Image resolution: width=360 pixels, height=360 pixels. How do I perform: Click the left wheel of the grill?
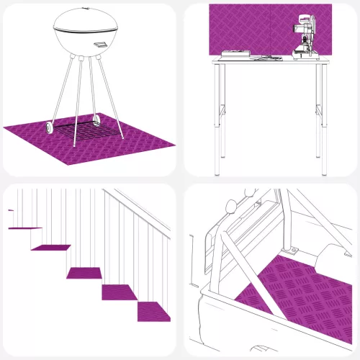coord(49,127)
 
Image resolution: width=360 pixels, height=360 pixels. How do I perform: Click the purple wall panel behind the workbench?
coord(245,25)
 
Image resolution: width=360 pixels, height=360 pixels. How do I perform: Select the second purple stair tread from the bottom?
coord(121,292)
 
